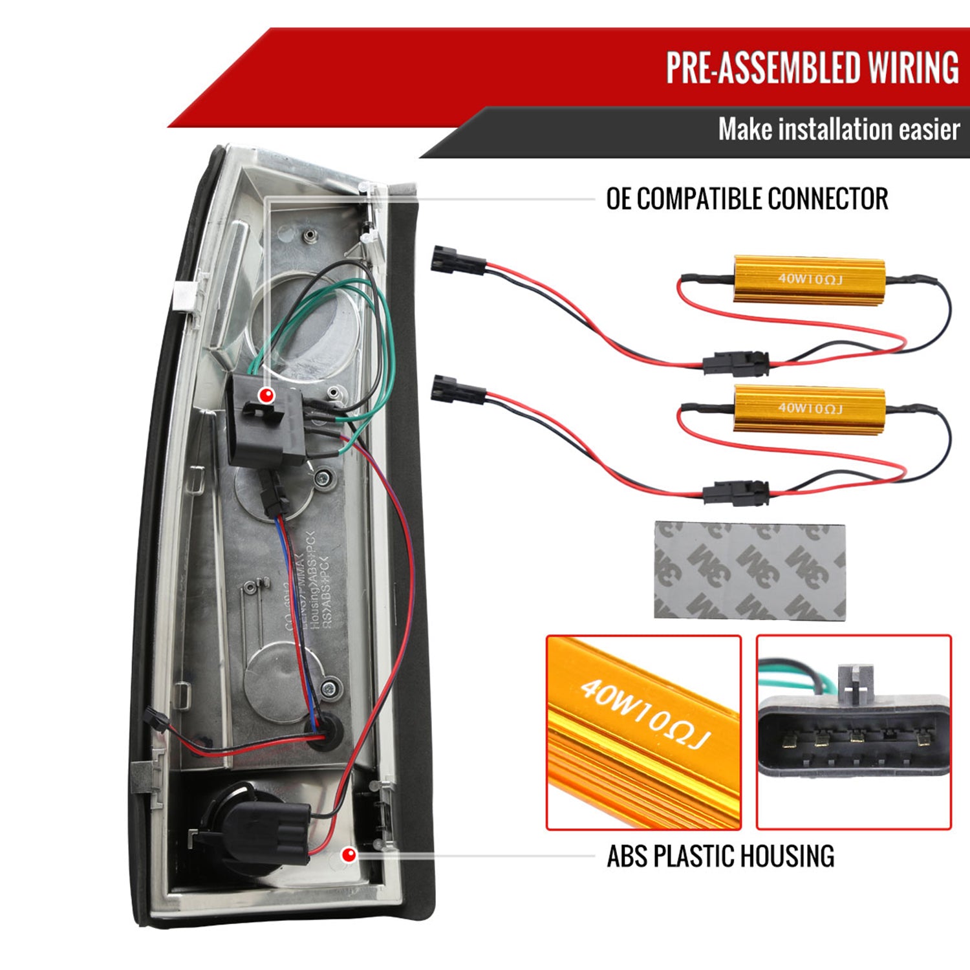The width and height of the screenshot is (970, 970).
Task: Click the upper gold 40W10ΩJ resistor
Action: [809, 279]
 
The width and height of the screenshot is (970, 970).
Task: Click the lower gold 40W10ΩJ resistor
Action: [809, 408]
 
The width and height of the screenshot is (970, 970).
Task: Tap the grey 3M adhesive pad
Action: [749, 570]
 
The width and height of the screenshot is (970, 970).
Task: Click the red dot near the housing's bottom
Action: [349, 855]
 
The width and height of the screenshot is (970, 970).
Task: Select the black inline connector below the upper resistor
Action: [737, 363]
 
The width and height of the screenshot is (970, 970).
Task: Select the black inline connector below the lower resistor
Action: [737, 493]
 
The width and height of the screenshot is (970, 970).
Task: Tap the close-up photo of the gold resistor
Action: [643, 732]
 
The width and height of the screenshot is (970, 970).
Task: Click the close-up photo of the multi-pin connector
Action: [854, 732]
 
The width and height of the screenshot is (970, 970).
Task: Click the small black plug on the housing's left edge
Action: [154, 718]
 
